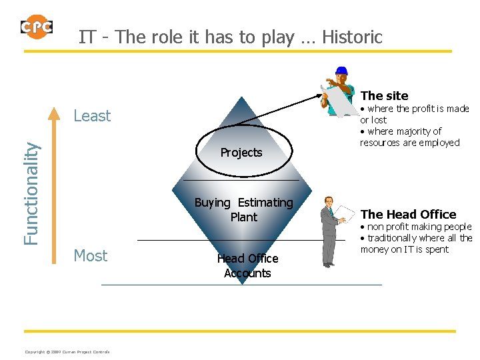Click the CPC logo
coord(36,27)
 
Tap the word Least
coord(92,116)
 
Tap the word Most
coord(91,256)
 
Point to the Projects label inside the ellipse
coord(241,153)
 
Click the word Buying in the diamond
coord(213,203)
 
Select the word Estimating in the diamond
coord(265,203)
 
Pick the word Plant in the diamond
coord(243,217)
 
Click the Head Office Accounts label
coord(247,266)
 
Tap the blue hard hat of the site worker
coord(341,71)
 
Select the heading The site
coord(384,96)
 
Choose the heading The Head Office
coord(408,215)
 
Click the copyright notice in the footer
coord(67,352)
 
